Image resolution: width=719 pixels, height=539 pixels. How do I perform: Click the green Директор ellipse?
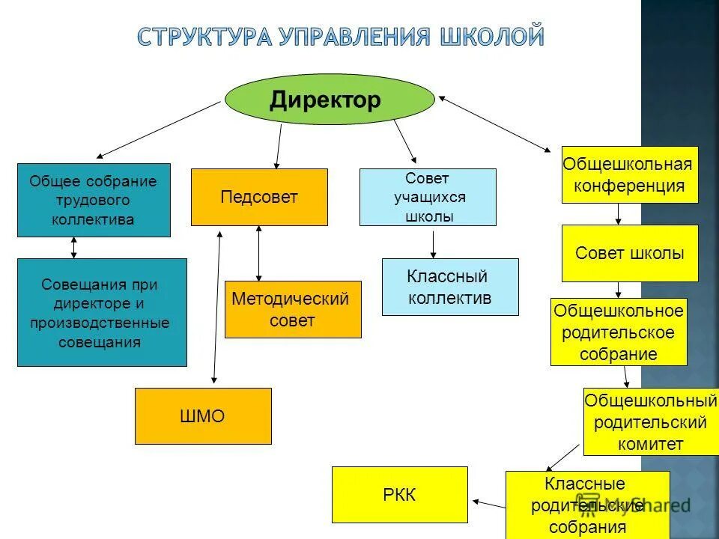[x=330, y=99]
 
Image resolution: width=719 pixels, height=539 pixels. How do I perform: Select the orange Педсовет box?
[x=259, y=197]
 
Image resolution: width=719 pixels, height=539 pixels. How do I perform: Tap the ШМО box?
[x=203, y=416]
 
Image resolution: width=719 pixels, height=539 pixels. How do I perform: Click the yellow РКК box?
[x=399, y=494]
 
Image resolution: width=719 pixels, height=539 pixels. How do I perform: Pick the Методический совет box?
[x=292, y=309]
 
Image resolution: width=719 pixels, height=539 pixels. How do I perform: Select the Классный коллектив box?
[x=449, y=287]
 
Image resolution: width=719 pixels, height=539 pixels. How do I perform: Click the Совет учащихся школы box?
[x=428, y=197]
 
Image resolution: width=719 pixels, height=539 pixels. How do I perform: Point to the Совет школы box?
[x=629, y=253]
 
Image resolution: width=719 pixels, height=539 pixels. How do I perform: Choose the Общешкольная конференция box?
[x=629, y=174]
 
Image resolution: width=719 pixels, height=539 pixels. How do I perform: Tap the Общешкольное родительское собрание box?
[x=618, y=332]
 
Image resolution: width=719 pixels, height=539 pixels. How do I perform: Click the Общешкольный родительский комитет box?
[x=650, y=421]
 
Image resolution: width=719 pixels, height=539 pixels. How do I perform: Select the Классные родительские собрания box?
[x=587, y=505]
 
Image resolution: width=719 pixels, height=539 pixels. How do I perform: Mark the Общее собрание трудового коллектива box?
[x=94, y=200]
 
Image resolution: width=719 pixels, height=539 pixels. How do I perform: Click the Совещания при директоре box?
[x=102, y=312]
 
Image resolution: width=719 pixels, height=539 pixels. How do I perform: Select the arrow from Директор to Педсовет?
[x=279, y=146]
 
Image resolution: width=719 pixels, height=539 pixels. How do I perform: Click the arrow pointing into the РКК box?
[x=488, y=503]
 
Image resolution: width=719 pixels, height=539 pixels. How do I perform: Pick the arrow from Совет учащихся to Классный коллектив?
[x=434, y=243]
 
